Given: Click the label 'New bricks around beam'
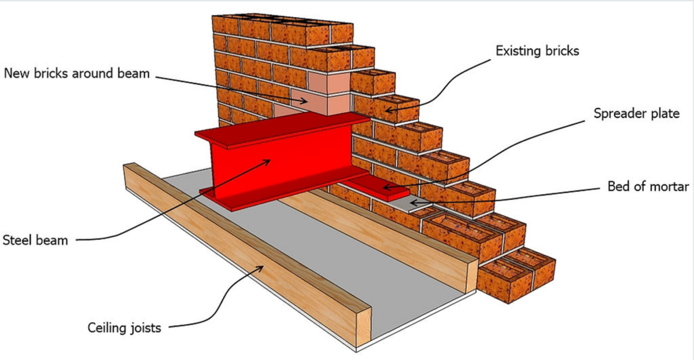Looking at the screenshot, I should (x=76, y=73).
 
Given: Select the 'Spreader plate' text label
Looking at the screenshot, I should (x=636, y=114).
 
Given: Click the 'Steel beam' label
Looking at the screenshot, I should (x=35, y=239).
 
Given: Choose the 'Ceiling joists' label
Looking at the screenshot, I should (x=124, y=328).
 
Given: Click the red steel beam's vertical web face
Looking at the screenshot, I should (x=278, y=166).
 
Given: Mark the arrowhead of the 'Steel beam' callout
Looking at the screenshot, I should (x=270, y=161).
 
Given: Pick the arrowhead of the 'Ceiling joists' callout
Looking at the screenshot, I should (x=265, y=266).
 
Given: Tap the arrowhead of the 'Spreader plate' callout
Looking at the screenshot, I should (x=384, y=187).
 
